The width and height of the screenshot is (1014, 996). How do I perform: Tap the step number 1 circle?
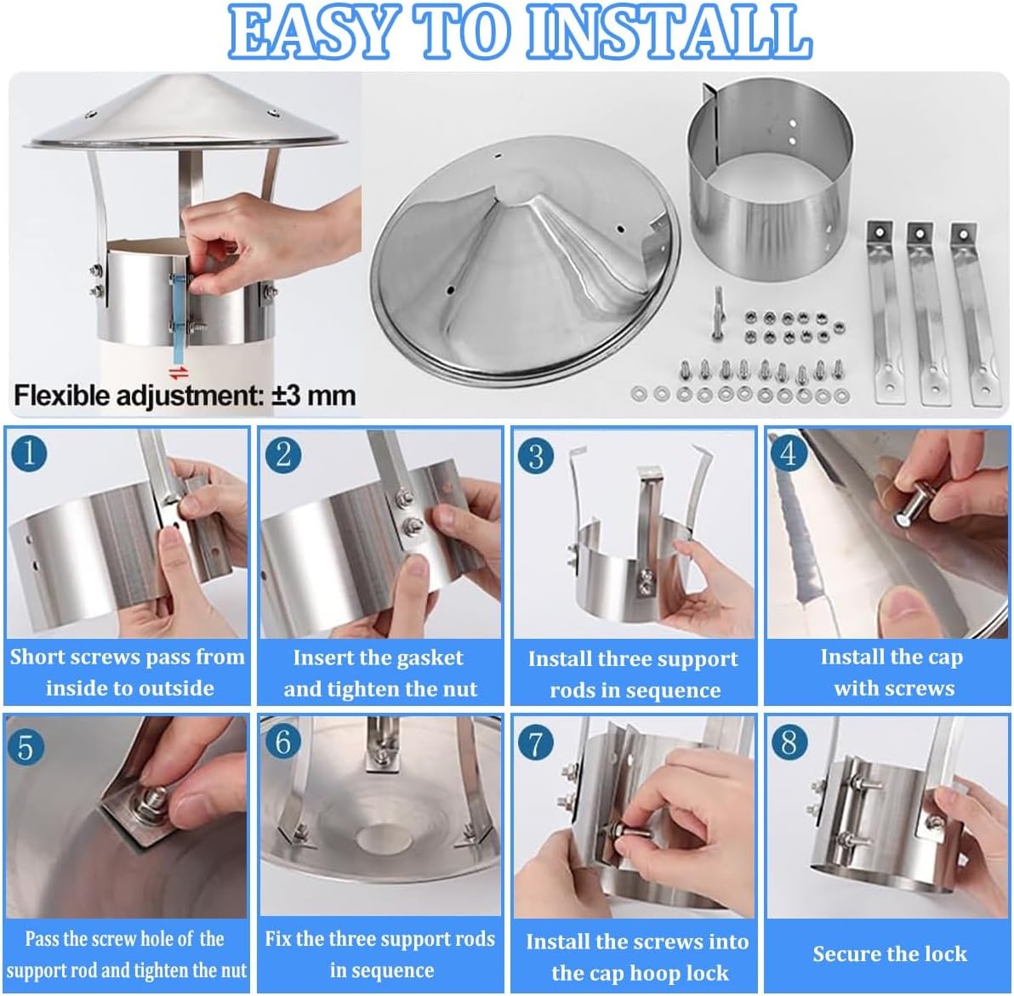29,452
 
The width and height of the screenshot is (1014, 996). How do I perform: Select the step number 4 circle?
789,453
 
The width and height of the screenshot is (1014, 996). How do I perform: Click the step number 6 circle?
282,742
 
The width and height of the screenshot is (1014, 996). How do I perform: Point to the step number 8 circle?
789,742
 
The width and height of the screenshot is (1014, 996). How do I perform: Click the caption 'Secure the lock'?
889,953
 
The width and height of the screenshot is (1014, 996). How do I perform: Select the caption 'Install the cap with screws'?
892,672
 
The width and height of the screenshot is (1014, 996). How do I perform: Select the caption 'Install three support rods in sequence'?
634,674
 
